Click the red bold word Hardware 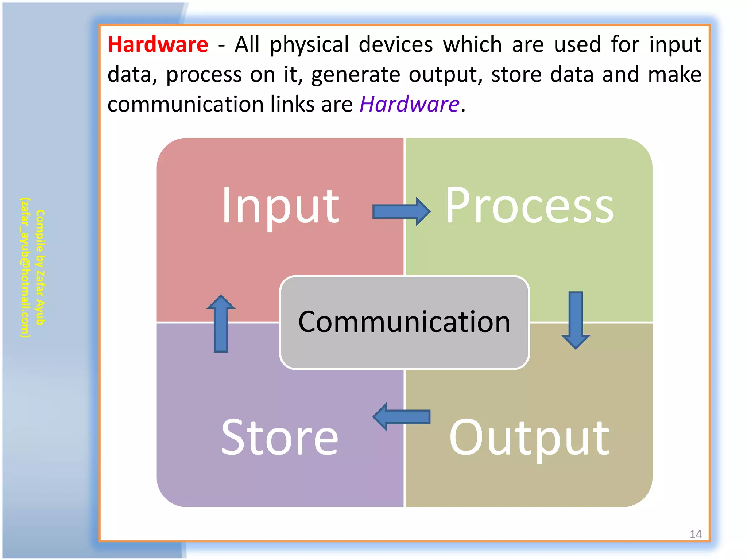(x=158, y=45)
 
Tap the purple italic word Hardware (x=409, y=104)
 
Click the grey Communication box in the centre (x=404, y=323)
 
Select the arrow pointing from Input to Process (x=401, y=211)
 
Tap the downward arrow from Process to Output (x=576, y=320)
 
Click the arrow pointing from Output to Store (x=401, y=417)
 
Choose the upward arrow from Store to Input (x=221, y=323)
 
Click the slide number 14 (x=695, y=534)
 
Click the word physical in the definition (x=309, y=45)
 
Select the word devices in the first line (x=396, y=45)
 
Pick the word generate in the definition (x=356, y=75)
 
